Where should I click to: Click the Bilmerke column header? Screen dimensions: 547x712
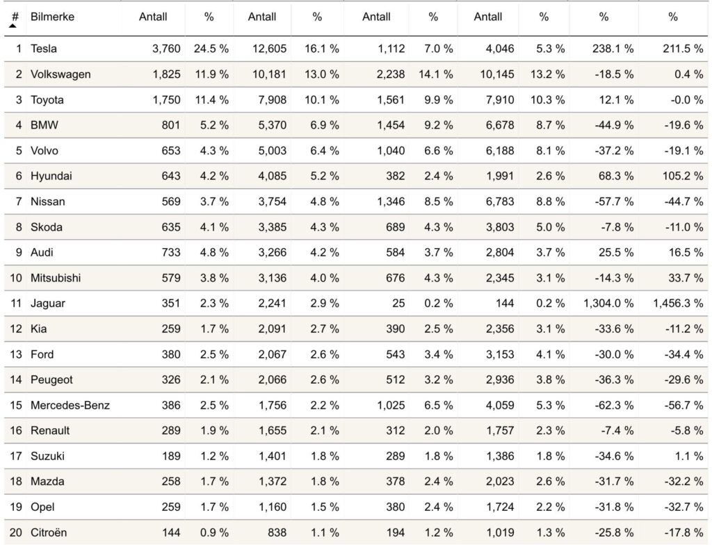[52, 17]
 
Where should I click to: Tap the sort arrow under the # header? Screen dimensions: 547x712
[13, 25]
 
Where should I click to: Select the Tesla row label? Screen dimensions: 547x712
[44, 49]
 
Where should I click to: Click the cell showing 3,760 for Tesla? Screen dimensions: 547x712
[165, 49]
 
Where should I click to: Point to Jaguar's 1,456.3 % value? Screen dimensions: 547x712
[678, 303]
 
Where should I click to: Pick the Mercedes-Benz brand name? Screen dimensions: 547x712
[70, 405]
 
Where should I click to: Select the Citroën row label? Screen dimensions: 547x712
[49, 532]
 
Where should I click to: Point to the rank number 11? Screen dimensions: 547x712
[15, 303]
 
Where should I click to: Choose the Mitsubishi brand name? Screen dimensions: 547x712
[56, 278]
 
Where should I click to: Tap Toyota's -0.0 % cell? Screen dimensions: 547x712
[687, 100]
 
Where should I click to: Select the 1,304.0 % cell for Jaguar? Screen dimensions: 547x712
[608, 303]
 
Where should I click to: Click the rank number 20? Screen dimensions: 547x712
[15, 532]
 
